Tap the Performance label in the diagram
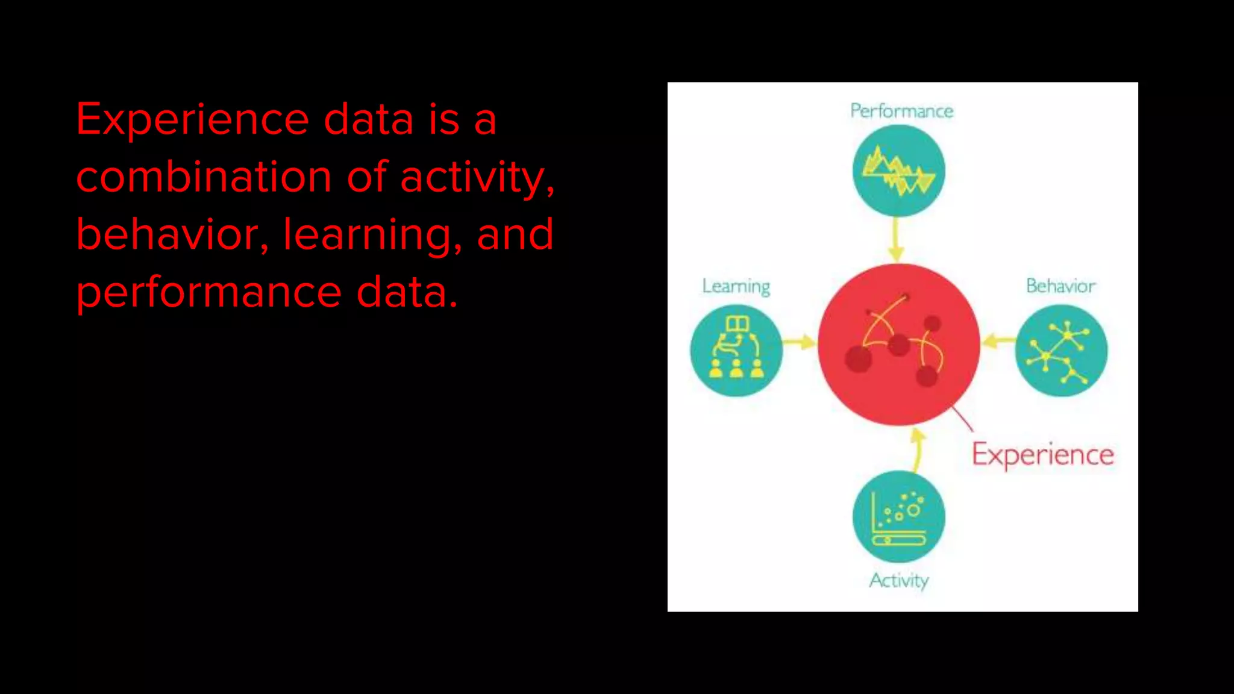(901, 111)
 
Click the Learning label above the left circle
(736, 286)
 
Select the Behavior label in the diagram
(1060, 286)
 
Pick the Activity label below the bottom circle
(898, 580)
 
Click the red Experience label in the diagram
(1042, 455)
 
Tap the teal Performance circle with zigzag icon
(898, 171)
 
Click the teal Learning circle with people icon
(736, 351)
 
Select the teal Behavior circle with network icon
(1061, 351)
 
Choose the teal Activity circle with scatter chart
(898, 517)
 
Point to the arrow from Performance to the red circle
(897, 240)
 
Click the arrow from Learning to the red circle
(800, 343)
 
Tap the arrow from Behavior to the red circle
(997, 342)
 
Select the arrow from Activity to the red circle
(917, 449)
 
